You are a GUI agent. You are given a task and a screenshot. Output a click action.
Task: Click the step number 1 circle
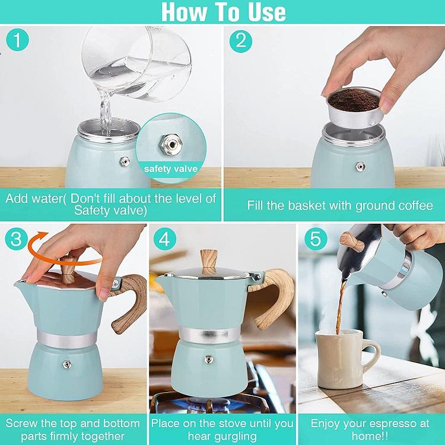coord(17,40)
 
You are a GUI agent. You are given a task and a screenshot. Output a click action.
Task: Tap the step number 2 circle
coord(241,41)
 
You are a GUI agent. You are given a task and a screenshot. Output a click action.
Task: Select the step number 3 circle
coord(16,239)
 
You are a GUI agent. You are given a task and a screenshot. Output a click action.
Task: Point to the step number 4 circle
coord(164,239)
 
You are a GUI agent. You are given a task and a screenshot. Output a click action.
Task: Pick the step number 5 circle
coord(316,239)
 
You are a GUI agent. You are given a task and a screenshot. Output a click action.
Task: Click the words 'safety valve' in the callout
coord(170,169)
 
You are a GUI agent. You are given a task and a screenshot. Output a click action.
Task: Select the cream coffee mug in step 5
coord(346,359)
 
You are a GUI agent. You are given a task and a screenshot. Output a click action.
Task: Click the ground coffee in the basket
coord(354,99)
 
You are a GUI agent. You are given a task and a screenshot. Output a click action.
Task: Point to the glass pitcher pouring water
coord(136,64)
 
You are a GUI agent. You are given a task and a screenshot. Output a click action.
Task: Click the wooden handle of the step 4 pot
coord(275,298)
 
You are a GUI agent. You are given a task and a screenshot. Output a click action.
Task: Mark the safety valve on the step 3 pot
coord(67,364)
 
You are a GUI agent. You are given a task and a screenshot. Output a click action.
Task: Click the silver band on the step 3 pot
coord(66,338)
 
